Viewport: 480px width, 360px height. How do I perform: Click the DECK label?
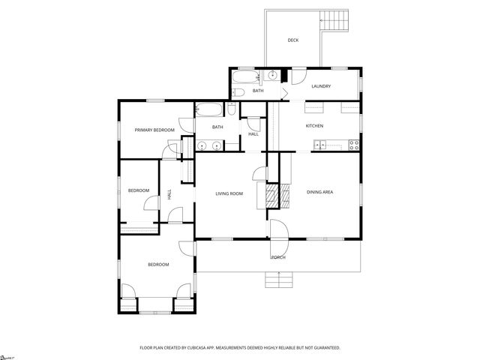tap(293, 40)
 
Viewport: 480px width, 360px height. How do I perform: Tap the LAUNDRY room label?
tap(321, 86)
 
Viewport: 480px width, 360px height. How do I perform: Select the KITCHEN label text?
tap(313, 125)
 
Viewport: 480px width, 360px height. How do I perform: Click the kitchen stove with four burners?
tap(352, 144)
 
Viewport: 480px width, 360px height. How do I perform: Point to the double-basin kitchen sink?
tap(319, 144)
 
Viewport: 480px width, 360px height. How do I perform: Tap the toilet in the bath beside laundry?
tap(238, 92)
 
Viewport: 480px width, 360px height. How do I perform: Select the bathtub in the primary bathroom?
tap(210, 111)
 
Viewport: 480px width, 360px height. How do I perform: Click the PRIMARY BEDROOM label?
tap(154, 130)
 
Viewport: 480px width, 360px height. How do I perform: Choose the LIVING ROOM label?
tap(229, 193)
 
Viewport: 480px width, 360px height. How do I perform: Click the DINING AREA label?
tap(319, 192)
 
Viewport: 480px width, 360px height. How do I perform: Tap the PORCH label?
tap(278, 257)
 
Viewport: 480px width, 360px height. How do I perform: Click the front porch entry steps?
tap(278, 280)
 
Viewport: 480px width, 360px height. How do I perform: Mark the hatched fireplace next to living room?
tap(271, 196)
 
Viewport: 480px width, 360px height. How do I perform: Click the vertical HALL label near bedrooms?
tap(169, 193)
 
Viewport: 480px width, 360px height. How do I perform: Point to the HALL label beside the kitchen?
tap(253, 133)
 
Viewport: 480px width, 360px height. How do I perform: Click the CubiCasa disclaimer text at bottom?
tap(240, 348)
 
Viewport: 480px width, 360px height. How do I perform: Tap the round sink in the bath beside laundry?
tap(273, 76)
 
